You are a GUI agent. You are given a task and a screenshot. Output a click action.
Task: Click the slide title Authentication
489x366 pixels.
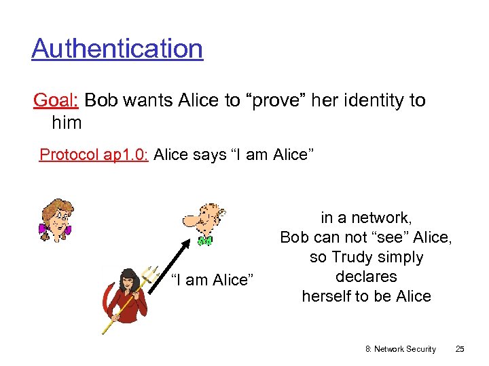[x=117, y=48]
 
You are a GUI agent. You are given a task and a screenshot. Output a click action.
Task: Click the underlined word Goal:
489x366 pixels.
[x=56, y=100]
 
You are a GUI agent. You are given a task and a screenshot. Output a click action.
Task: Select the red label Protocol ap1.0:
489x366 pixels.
[x=94, y=155]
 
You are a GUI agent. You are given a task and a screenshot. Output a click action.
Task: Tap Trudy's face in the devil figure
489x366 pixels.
[x=128, y=280]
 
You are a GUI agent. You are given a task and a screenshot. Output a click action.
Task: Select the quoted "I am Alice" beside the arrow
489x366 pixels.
[x=213, y=280]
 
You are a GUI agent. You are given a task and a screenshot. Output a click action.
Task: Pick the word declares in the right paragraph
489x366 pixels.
[x=366, y=277]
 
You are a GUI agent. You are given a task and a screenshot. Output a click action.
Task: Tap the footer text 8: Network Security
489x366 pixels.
[x=401, y=349]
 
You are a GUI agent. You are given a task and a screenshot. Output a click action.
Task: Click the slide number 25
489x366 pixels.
[x=460, y=349]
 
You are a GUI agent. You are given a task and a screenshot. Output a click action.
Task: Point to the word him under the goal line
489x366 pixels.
[x=67, y=123]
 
